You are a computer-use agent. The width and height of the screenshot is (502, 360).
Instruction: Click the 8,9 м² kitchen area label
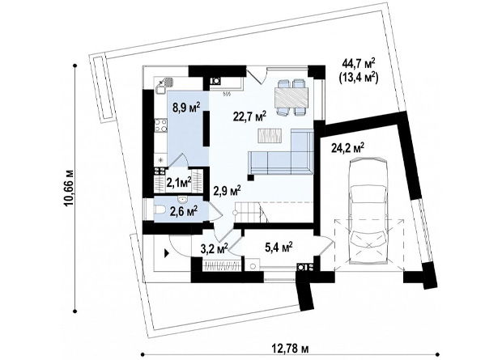pos(186,107)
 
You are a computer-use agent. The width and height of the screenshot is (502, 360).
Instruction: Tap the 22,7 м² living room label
pos(250,116)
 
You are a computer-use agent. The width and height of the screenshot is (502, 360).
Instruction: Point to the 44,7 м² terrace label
pos(358,64)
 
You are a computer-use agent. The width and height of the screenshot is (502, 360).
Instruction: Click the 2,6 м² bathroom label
pos(184,211)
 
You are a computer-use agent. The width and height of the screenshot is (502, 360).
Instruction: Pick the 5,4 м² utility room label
pos(279,247)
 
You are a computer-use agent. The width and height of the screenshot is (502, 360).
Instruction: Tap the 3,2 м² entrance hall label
pos(214,248)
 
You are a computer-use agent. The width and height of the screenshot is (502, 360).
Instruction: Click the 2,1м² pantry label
pos(179,183)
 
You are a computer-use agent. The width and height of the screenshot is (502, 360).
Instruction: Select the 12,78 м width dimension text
pos(291,348)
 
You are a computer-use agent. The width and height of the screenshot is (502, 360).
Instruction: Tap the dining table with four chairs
pos(291,97)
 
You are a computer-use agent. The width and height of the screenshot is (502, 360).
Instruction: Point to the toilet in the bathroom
pos(160,210)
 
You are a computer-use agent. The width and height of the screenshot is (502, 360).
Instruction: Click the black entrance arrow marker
pos(167,254)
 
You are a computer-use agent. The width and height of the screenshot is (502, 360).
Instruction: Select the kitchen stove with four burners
pos(160,125)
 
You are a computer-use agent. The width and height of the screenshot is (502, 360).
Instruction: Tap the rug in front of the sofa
pos(270,136)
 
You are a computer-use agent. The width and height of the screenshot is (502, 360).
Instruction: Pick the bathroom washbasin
pos(183,200)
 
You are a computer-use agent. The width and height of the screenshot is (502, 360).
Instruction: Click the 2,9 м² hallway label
pos(227,192)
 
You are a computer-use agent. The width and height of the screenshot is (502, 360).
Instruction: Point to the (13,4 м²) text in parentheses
pos(358,78)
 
